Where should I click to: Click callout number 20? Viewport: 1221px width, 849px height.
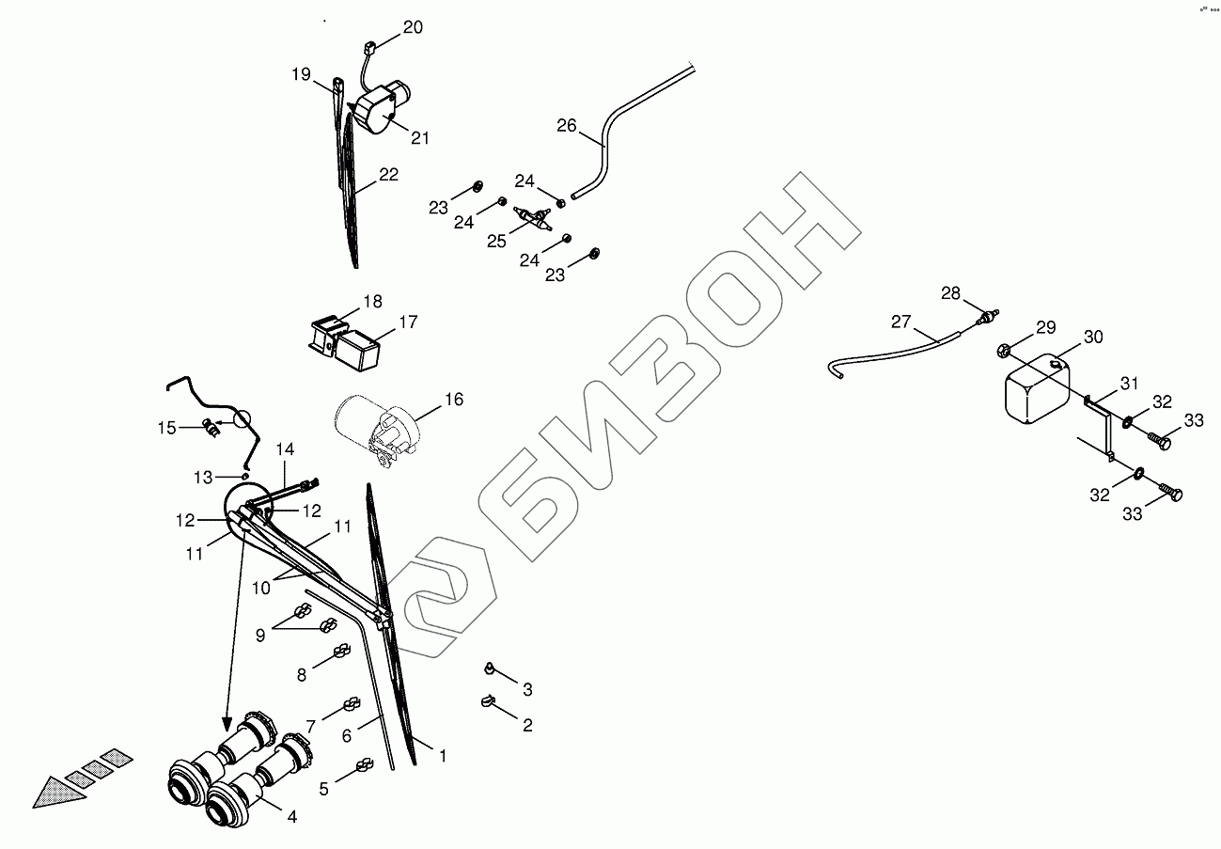[x=413, y=27]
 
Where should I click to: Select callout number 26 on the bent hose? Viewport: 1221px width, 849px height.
[x=566, y=126]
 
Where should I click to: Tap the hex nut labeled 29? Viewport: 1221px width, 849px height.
[x=1003, y=351]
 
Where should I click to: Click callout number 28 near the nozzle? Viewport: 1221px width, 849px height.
[x=951, y=293]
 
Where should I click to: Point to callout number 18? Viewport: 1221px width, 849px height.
[x=373, y=302]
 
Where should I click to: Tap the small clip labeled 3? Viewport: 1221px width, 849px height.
[x=490, y=668]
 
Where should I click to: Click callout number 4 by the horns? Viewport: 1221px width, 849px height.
[x=291, y=817]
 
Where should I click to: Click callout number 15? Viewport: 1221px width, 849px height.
[x=166, y=428]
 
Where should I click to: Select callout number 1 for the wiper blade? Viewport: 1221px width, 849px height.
[x=442, y=754]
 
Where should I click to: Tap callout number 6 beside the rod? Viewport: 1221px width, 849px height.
[x=346, y=736]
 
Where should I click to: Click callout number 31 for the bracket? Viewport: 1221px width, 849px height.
[x=1128, y=383]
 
